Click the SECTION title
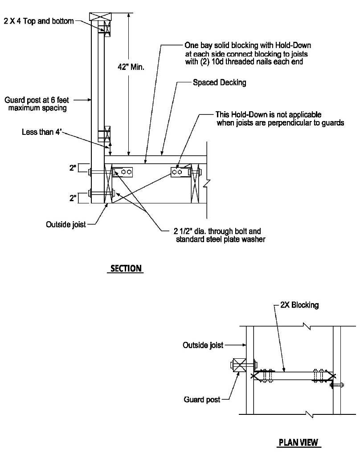126,268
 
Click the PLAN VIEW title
298,442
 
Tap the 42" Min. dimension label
131,67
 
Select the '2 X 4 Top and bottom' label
39,21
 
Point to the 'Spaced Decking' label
219,82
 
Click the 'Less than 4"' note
41,132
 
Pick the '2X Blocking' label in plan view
299,305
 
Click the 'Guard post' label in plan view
202,400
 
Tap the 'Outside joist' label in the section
66,224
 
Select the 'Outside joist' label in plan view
203,345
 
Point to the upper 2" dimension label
73,168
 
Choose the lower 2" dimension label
73,198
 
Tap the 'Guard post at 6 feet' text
37,100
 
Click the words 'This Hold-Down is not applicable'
268,115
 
